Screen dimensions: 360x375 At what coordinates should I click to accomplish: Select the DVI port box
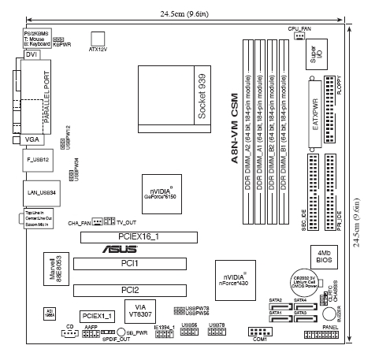coord(32,56)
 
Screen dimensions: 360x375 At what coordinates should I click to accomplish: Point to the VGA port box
coord(32,139)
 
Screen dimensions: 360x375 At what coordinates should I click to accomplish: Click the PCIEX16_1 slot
coord(139,236)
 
